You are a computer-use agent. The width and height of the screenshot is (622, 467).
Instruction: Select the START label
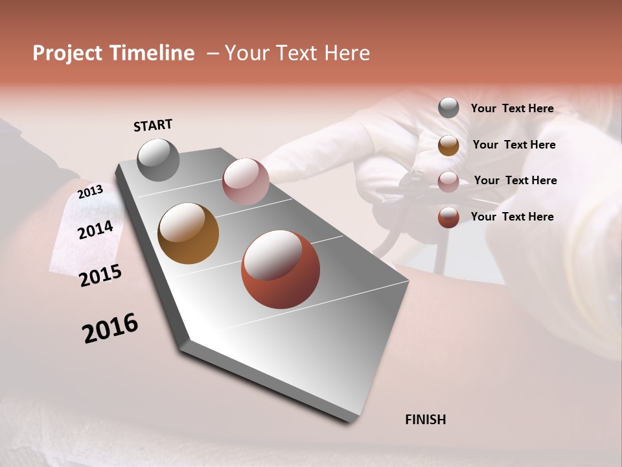pos(153,125)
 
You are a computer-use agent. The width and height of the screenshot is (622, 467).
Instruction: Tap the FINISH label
pos(426,420)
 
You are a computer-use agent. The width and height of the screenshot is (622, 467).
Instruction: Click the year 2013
pos(90,192)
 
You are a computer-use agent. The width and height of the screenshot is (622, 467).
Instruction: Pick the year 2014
pos(96,230)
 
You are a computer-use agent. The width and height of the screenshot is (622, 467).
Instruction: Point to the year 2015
pos(100,275)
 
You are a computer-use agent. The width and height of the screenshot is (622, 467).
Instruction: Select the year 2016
pos(110,328)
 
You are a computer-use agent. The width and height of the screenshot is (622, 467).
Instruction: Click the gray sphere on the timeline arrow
pos(158,160)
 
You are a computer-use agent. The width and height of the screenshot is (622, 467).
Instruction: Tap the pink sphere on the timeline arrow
pos(246,182)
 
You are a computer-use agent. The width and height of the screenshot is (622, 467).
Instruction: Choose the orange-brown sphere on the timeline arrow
pos(188,233)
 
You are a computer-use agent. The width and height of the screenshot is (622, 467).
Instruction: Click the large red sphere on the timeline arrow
pos(281,269)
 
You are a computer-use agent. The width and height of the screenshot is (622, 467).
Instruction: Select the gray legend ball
pos(448,108)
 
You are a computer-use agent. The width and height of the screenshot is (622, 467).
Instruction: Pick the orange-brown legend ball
pos(448,145)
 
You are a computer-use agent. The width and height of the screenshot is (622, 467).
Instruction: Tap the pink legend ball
pos(448,181)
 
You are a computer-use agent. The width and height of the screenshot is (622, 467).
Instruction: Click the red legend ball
pos(448,217)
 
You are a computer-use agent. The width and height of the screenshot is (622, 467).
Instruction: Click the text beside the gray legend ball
pos(512,108)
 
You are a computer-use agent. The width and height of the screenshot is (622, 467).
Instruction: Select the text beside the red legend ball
pos(512,217)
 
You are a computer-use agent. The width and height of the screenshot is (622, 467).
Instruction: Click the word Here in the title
pos(347,53)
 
